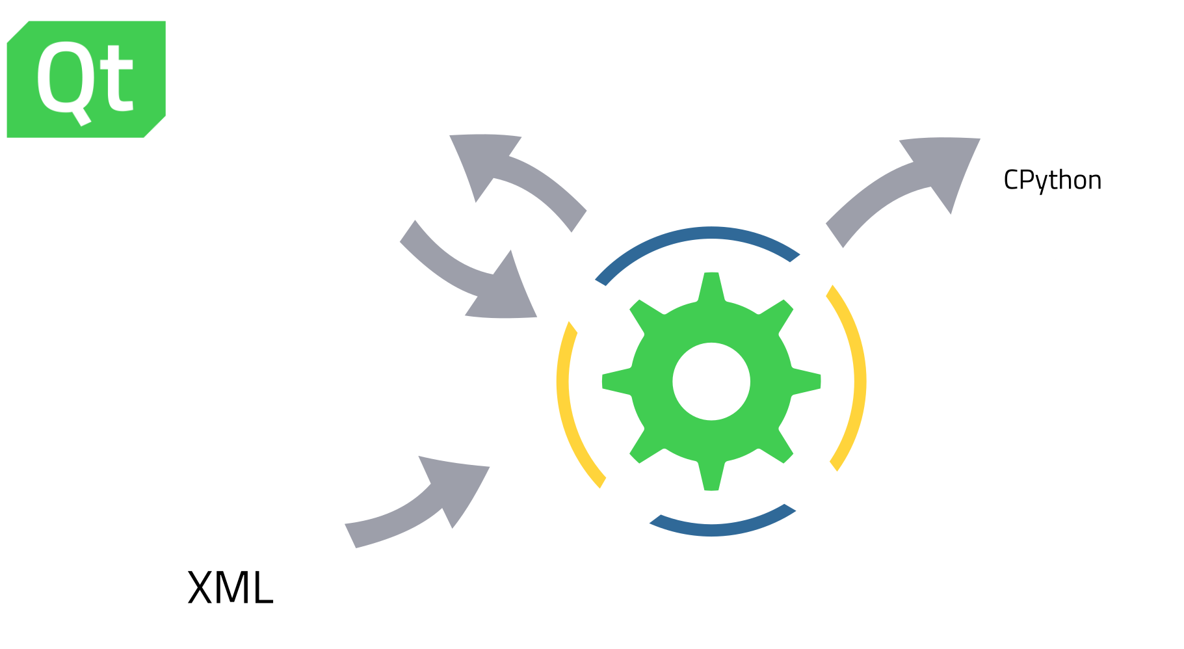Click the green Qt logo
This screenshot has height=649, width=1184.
[86, 79]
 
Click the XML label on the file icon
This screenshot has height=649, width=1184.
[230, 588]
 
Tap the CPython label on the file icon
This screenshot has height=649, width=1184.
[1052, 180]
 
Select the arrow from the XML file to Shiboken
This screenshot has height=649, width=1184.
[423, 507]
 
